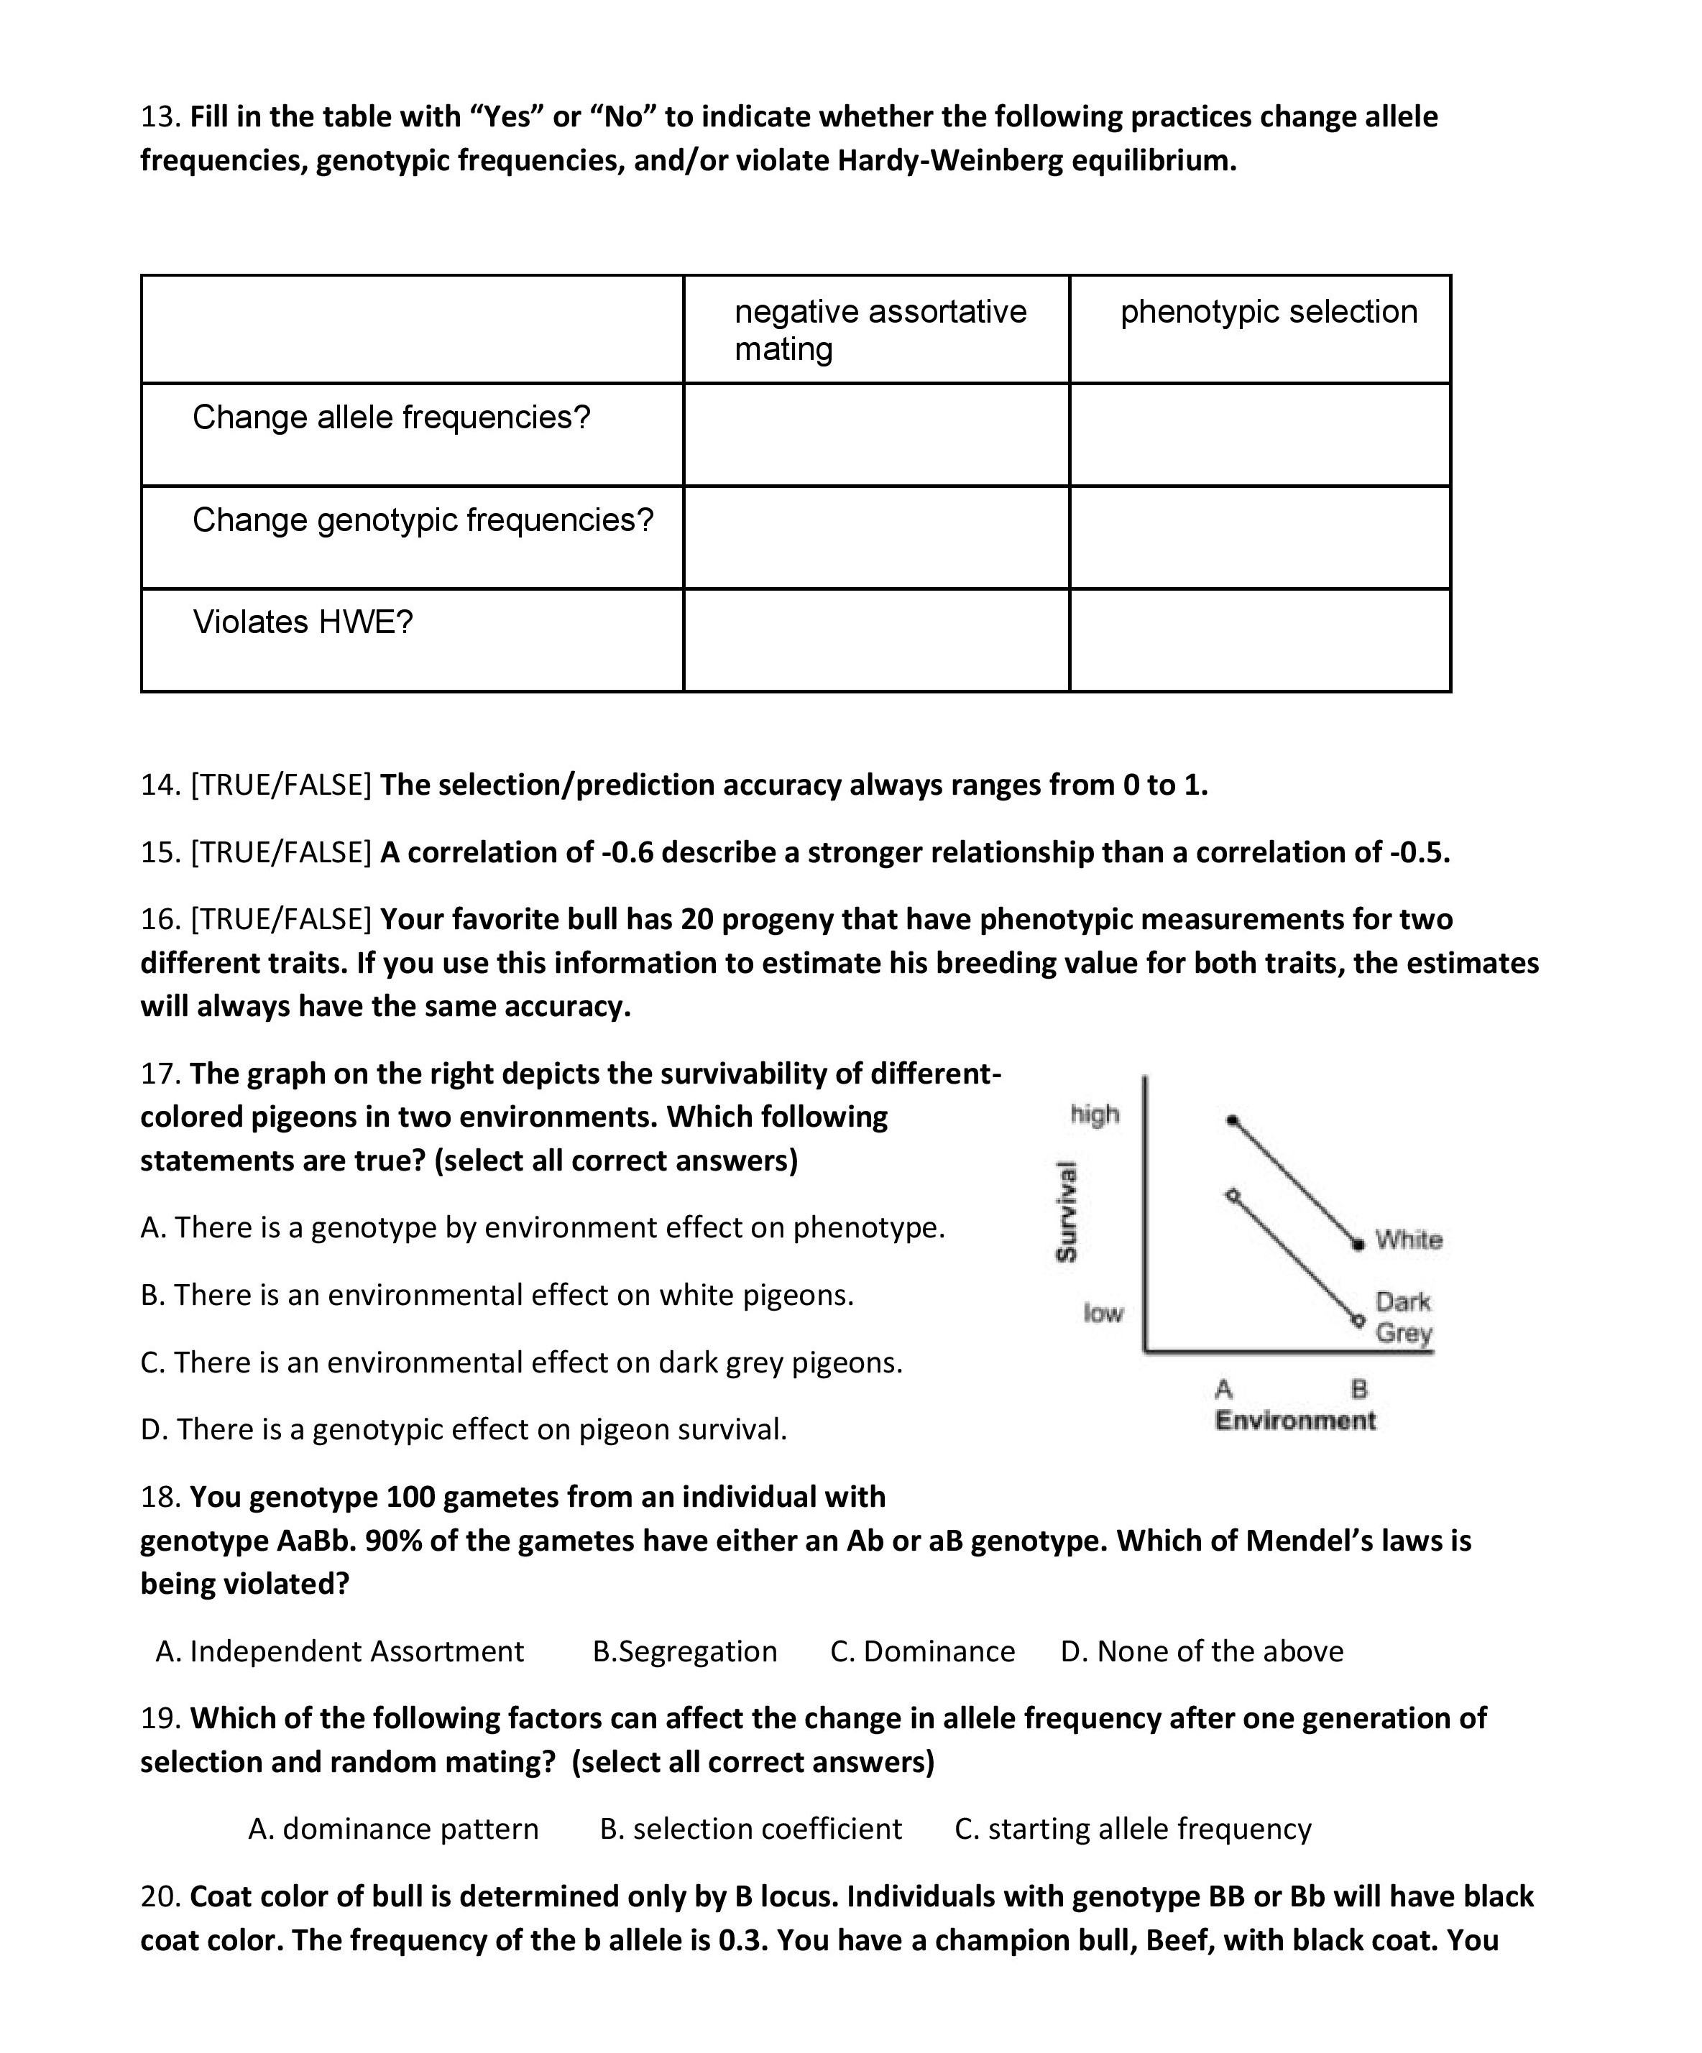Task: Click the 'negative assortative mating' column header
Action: pos(880,329)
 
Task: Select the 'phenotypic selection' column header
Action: pos(1268,312)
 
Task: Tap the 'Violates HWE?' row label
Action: pos(303,622)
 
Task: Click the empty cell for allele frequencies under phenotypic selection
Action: pos(1259,435)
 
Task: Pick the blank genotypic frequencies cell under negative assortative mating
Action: pos(876,538)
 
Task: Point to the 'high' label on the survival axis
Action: pos(1095,1115)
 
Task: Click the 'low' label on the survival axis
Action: pos(1103,1313)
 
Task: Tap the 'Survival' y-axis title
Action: pos(1067,1212)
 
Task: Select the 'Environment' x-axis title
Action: pos(1295,1421)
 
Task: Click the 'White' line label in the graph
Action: pos(1409,1240)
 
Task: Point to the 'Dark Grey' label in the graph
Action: pos(1403,1317)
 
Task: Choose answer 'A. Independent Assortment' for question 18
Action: pos(340,1651)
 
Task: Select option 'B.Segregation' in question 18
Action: pos(684,1651)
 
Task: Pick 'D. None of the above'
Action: pos(1202,1651)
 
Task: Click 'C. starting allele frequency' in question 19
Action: pos(1132,1829)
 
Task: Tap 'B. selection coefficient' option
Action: pos(751,1829)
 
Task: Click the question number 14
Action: pos(160,785)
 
